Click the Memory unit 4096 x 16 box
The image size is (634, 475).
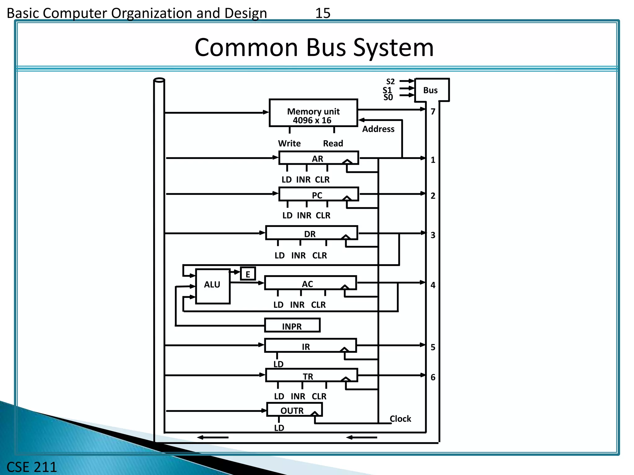tap(313, 113)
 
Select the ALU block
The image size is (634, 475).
tap(213, 286)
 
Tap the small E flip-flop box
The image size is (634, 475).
tap(248, 274)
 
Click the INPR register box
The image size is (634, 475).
tap(292, 326)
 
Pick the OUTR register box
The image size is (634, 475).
tap(294, 410)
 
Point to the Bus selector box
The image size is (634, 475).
tap(431, 90)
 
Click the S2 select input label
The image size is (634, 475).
tap(390, 82)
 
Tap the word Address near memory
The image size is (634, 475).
tap(378, 129)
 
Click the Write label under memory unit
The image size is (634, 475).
tap(289, 143)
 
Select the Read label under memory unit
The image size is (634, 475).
tap(333, 143)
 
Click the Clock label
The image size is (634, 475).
tap(400, 419)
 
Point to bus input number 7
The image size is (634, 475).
tap(433, 112)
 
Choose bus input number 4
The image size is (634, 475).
tap(433, 285)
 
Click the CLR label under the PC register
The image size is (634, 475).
tap(323, 215)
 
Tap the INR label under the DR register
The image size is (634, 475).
tap(298, 255)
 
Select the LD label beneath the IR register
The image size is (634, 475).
tap(278, 364)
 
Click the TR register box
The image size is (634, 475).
tap(311, 375)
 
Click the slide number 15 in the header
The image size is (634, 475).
tap(323, 13)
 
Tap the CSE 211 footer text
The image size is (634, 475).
tap(32, 467)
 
